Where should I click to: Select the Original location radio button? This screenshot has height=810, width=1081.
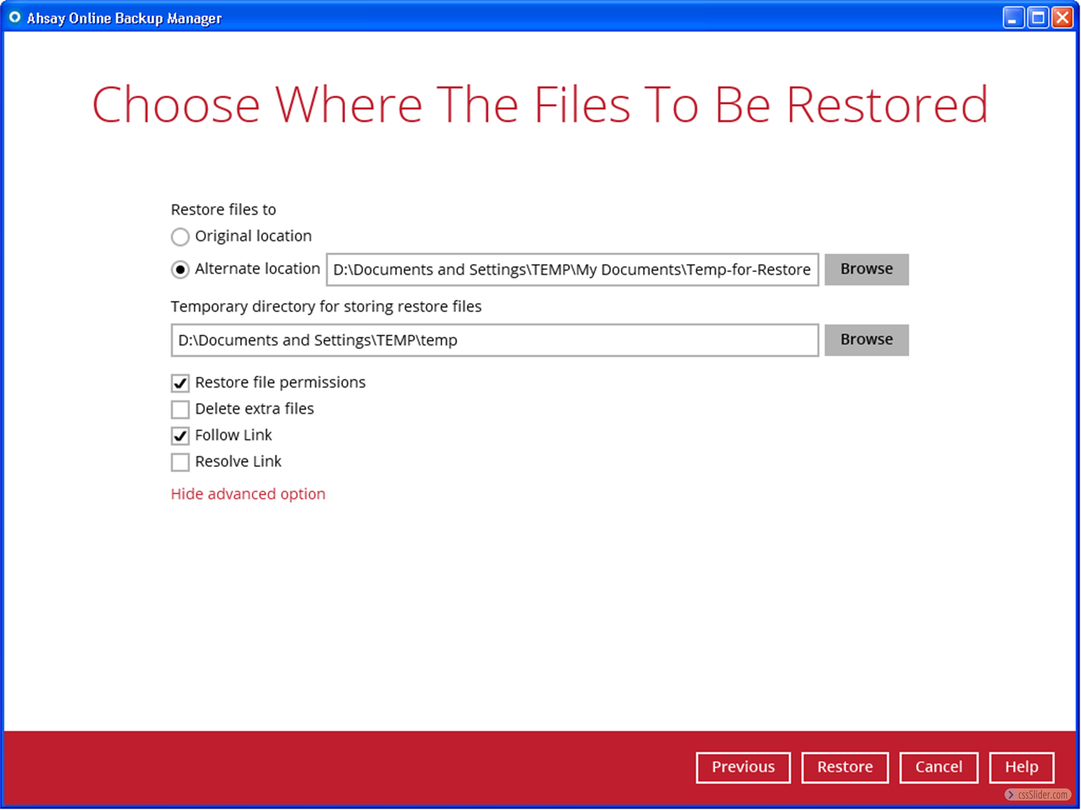point(180,236)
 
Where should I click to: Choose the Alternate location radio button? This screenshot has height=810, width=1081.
point(180,269)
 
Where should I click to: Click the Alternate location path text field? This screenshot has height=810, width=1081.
point(572,269)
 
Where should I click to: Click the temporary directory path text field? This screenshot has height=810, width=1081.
point(495,340)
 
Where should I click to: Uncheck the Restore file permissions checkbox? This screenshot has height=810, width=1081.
point(180,383)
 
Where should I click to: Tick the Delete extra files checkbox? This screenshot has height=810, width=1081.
point(180,409)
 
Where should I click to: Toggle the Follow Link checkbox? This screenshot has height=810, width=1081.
point(180,435)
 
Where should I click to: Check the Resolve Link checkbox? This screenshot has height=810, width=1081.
point(180,462)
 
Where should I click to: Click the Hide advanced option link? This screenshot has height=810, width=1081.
point(248,494)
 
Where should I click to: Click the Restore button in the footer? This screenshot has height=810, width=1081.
point(845,767)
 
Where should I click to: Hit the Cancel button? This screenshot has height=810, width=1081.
point(938,767)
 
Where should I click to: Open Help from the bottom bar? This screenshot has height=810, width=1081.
point(1022,767)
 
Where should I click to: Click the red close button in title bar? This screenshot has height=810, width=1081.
point(1062,18)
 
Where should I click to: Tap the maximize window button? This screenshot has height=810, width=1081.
point(1038,18)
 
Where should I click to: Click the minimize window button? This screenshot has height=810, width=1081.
point(1013,18)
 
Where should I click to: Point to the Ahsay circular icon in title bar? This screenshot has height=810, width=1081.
point(15,18)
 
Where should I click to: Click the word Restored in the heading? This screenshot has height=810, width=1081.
point(887,105)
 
